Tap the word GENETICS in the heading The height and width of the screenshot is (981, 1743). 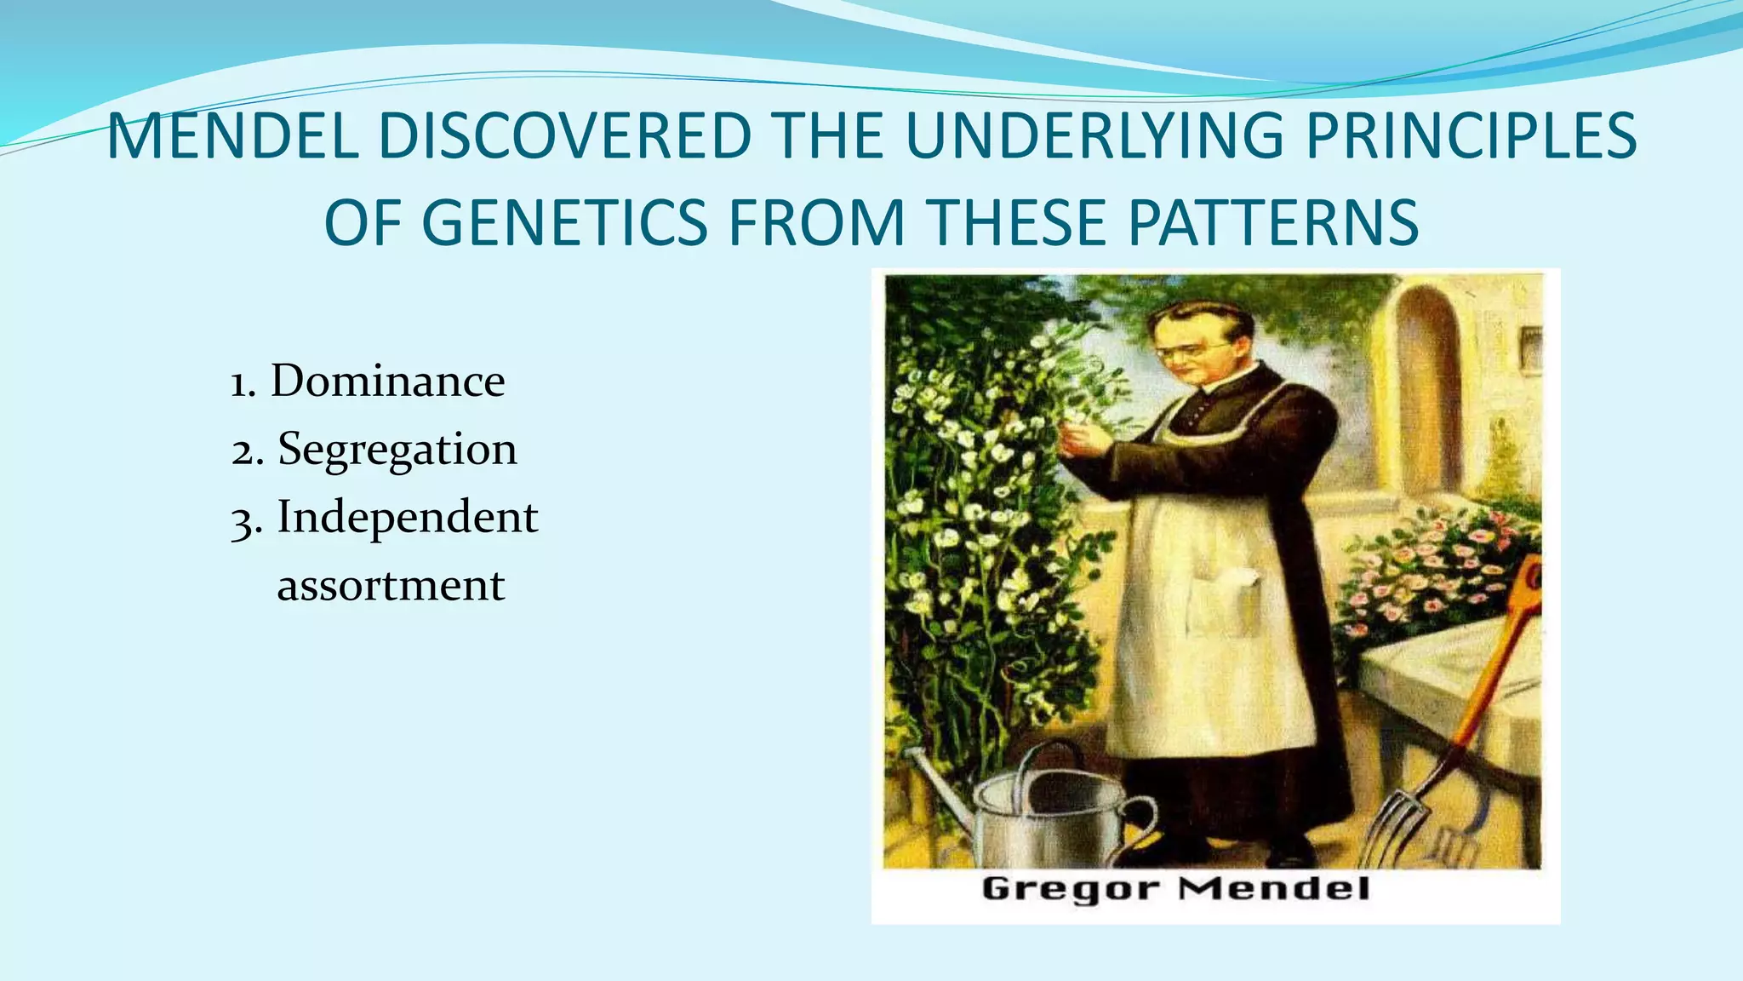(563, 222)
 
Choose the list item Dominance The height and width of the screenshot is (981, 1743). (387, 381)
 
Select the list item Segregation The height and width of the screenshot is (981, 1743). (397, 450)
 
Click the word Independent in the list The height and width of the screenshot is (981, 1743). (407, 517)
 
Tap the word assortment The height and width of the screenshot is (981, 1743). (391, 586)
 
